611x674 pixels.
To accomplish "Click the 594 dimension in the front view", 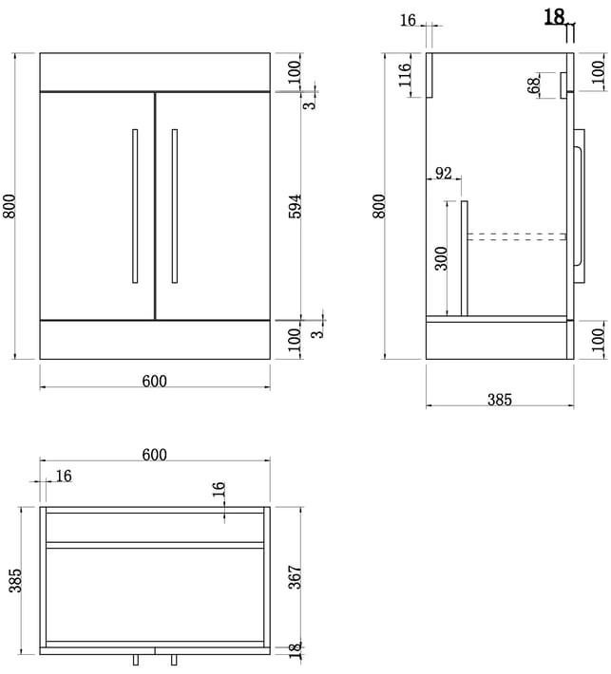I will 295,207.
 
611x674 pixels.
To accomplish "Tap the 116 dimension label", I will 404,74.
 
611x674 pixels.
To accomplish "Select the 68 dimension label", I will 534,85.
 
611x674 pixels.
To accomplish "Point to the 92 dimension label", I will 443,173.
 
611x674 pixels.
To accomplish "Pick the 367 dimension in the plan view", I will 295,579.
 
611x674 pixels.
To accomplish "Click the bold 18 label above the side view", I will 555,16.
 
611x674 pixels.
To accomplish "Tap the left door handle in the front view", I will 135,206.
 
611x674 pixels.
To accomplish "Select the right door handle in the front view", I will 175,206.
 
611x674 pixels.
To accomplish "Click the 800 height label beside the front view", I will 10,206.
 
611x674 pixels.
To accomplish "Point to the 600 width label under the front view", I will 154,382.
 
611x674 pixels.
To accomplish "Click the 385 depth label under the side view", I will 500,400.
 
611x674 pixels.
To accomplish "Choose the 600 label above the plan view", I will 154,456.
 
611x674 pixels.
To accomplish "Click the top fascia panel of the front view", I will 155,72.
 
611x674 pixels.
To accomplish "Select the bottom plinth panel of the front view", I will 155,340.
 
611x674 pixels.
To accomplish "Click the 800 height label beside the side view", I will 380,206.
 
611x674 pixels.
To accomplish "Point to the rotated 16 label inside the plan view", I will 220,492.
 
